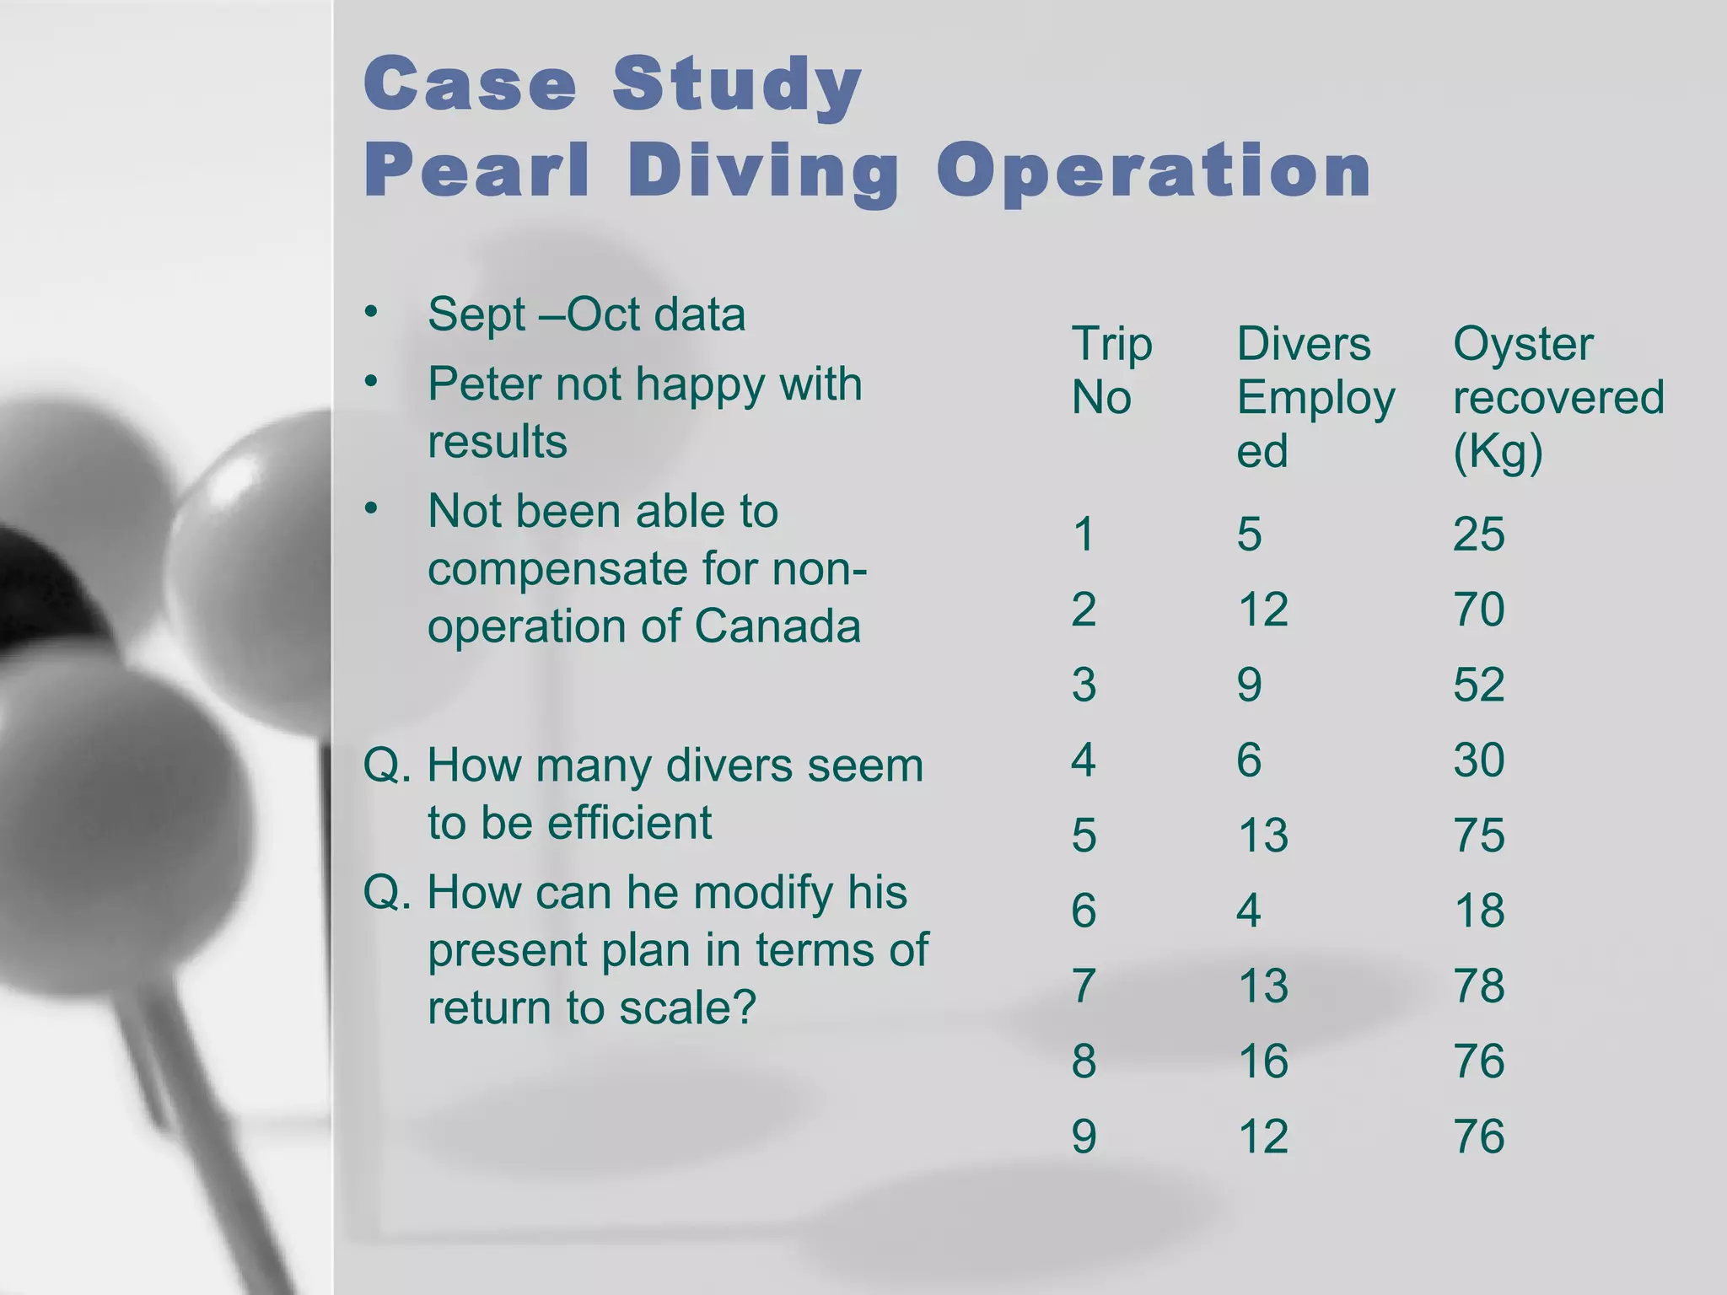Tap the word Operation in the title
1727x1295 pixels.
pyautogui.click(x=1154, y=172)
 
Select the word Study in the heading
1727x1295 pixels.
pyautogui.click(x=737, y=84)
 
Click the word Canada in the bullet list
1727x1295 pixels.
pyautogui.click(x=777, y=626)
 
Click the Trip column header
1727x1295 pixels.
pyautogui.click(x=1111, y=345)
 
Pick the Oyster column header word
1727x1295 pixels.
pyautogui.click(x=1523, y=345)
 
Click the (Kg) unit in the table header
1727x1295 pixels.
pyautogui.click(x=1498, y=452)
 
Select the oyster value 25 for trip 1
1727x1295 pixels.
pyautogui.click(x=1478, y=534)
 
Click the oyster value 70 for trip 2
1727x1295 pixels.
pyautogui.click(x=1478, y=609)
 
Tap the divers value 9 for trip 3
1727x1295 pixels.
pyautogui.click(x=1249, y=684)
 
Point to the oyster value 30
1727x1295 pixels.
pyautogui.click(x=1478, y=760)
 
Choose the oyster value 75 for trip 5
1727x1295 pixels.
pyautogui.click(x=1478, y=835)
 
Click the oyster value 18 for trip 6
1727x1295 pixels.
pyautogui.click(x=1478, y=911)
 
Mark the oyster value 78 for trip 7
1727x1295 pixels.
pyautogui.click(x=1478, y=986)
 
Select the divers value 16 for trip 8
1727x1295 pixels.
pyautogui.click(x=1262, y=1061)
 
